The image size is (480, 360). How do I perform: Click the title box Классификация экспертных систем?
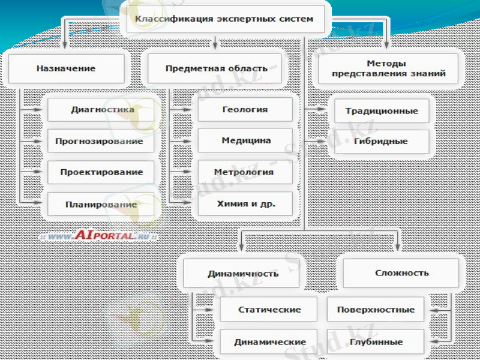(x=224, y=19)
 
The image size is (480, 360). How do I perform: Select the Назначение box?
(x=66, y=68)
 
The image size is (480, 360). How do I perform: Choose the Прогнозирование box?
(x=100, y=141)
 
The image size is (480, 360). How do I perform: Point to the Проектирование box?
(x=101, y=172)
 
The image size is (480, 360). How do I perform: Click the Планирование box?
(x=101, y=204)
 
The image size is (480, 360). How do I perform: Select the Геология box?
(x=245, y=110)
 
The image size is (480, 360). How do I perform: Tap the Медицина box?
(x=245, y=141)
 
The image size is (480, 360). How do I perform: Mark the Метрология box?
(x=245, y=172)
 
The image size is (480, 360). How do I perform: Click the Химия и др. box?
(x=245, y=204)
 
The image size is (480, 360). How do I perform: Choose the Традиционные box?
(x=382, y=111)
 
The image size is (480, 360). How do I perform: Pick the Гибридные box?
(x=382, y=142)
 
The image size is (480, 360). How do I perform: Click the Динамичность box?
(x=243, y=274)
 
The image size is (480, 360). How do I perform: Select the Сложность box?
(x=401, y=273)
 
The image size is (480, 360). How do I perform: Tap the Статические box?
(x=268, y=310)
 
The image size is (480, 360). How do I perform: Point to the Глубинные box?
(x=376, y=342)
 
